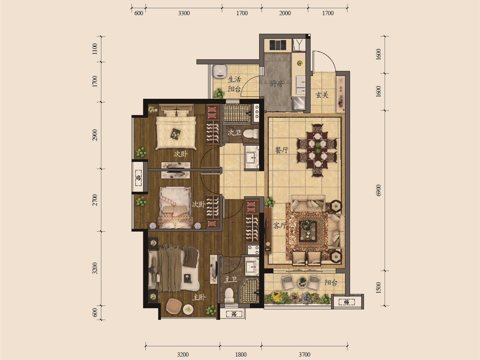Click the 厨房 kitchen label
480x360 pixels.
276,84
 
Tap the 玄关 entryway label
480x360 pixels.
322,95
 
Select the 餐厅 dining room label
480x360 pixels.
282,150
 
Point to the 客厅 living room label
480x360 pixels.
280,225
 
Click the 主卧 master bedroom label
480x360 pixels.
199,297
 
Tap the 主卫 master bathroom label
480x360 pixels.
231,279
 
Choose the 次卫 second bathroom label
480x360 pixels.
234,132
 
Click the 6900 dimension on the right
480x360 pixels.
379,190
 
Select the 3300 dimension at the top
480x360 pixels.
184,13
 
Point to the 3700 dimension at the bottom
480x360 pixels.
304,354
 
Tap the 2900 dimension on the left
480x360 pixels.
94,135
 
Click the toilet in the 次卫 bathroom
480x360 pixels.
251,134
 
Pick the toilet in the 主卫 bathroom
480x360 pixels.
229,295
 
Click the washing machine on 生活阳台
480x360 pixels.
220,71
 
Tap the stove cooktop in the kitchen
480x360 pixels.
278,45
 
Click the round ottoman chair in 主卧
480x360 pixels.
174,306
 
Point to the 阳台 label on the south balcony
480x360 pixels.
331,283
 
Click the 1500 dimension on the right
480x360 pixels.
379,288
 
